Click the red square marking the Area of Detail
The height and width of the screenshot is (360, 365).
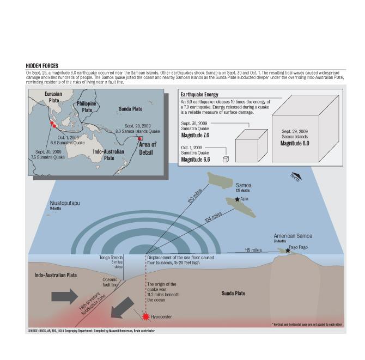(x=140, y=138)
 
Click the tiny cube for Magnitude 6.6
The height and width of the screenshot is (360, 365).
(x=225, y=159)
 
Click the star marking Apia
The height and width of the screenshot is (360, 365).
(x=237, y=199)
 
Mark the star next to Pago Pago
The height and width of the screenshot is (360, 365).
(x=288, y=251)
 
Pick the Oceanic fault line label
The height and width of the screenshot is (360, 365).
(x=111, y=282)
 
